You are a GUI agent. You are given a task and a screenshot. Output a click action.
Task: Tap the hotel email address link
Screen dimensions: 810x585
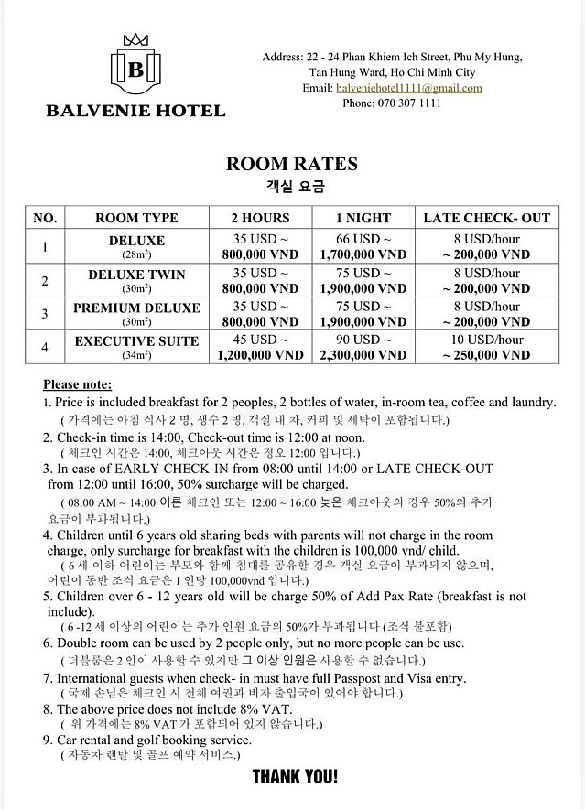[408, 88]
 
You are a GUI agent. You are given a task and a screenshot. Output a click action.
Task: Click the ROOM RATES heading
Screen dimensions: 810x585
[291, 165]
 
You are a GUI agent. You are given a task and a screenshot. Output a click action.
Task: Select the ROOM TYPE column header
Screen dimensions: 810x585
[136, 218]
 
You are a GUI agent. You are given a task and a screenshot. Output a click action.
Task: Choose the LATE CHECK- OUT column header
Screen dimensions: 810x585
[486, 218]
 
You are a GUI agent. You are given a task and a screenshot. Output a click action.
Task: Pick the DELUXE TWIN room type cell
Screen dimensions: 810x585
[136, 280]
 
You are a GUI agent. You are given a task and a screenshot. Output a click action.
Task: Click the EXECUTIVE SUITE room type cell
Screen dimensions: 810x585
[136, 347]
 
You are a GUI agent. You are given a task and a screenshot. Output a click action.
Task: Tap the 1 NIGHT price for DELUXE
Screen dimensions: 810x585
[363, 247]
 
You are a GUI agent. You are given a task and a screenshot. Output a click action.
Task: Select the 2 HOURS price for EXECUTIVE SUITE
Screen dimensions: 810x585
[260, 347]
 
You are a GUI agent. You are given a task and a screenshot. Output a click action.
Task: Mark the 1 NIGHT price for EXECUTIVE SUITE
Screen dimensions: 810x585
[363, 347]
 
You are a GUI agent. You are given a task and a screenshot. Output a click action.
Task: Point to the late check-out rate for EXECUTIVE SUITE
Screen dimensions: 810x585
[486, 347]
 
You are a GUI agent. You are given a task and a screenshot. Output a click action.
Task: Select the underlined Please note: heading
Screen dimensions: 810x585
[77, 384]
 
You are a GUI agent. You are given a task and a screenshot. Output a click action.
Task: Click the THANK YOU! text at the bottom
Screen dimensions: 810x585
[295, 777]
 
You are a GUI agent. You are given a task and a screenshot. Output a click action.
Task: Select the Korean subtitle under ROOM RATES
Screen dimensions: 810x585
[291, 188]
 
